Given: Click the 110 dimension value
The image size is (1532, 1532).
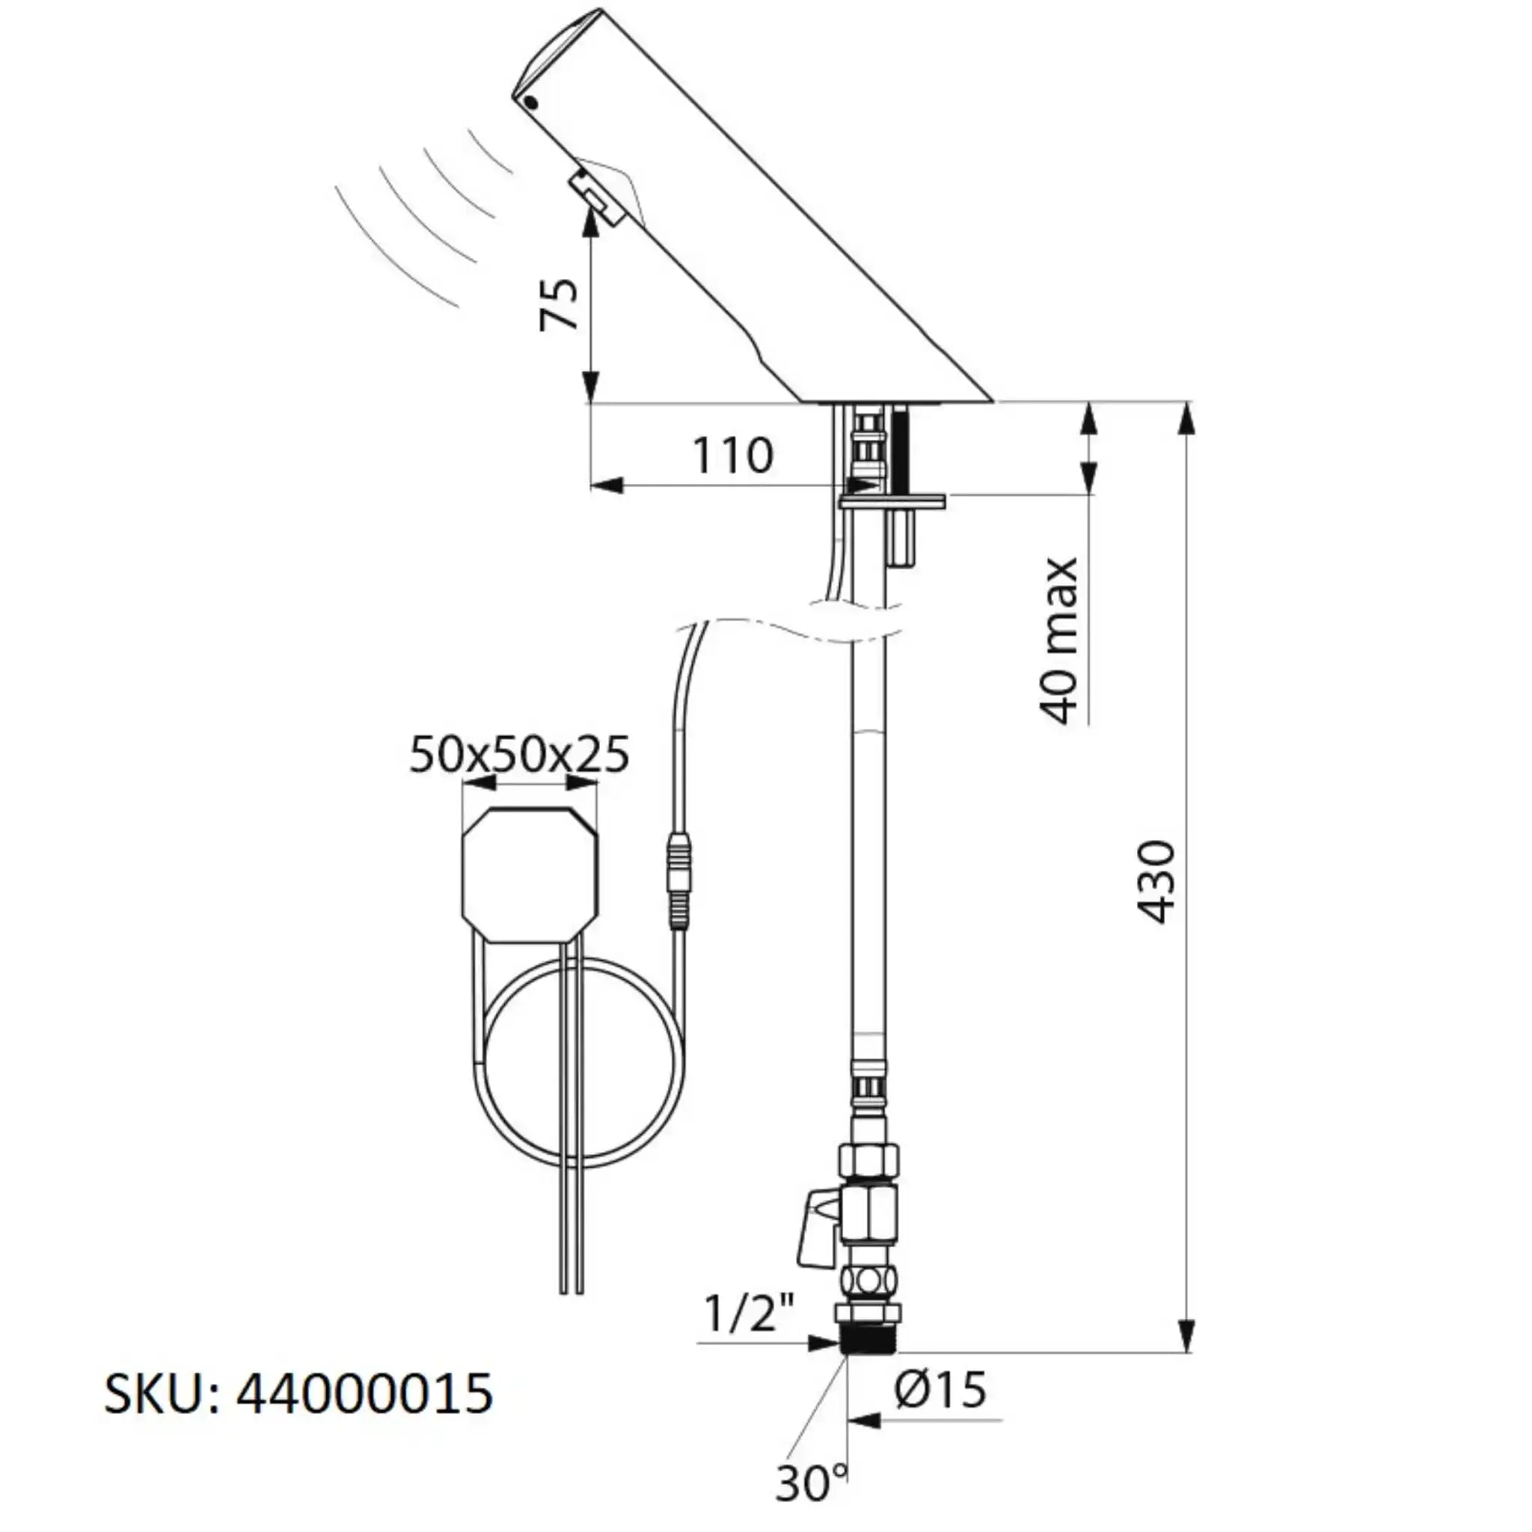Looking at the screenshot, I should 732,456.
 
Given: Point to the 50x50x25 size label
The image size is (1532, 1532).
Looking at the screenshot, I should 519,754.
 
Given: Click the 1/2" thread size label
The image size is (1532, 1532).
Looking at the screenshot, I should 749,1316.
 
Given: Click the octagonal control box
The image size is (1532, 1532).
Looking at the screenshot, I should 529,874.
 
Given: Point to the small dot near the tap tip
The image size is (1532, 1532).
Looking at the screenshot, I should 532,102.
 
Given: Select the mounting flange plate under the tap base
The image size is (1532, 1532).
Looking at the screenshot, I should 892,501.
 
